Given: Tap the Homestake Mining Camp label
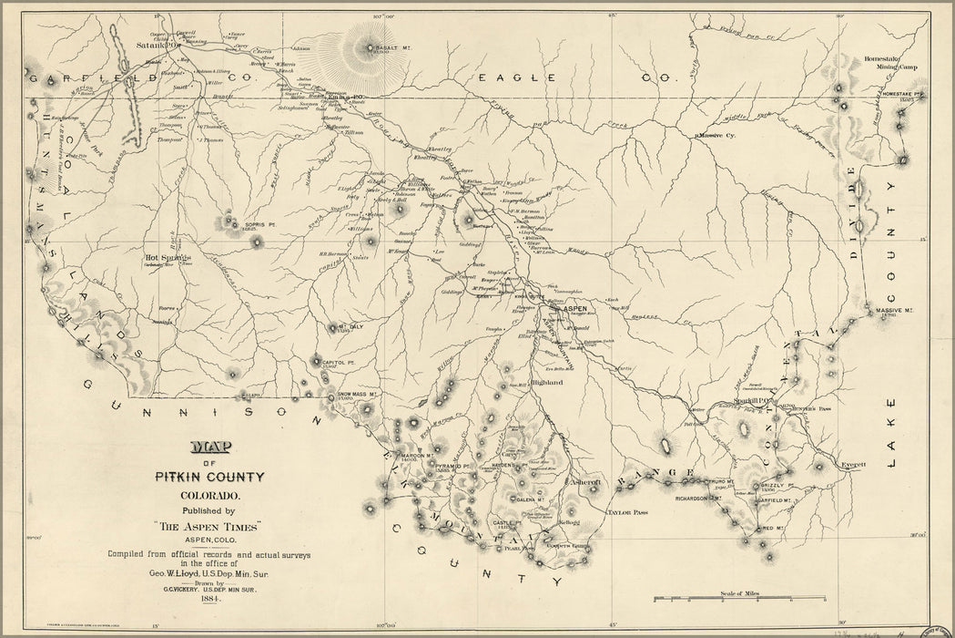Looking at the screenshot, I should pos(892,62).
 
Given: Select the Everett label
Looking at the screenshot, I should pos(854,465).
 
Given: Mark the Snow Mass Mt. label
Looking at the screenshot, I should pos(358,396).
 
